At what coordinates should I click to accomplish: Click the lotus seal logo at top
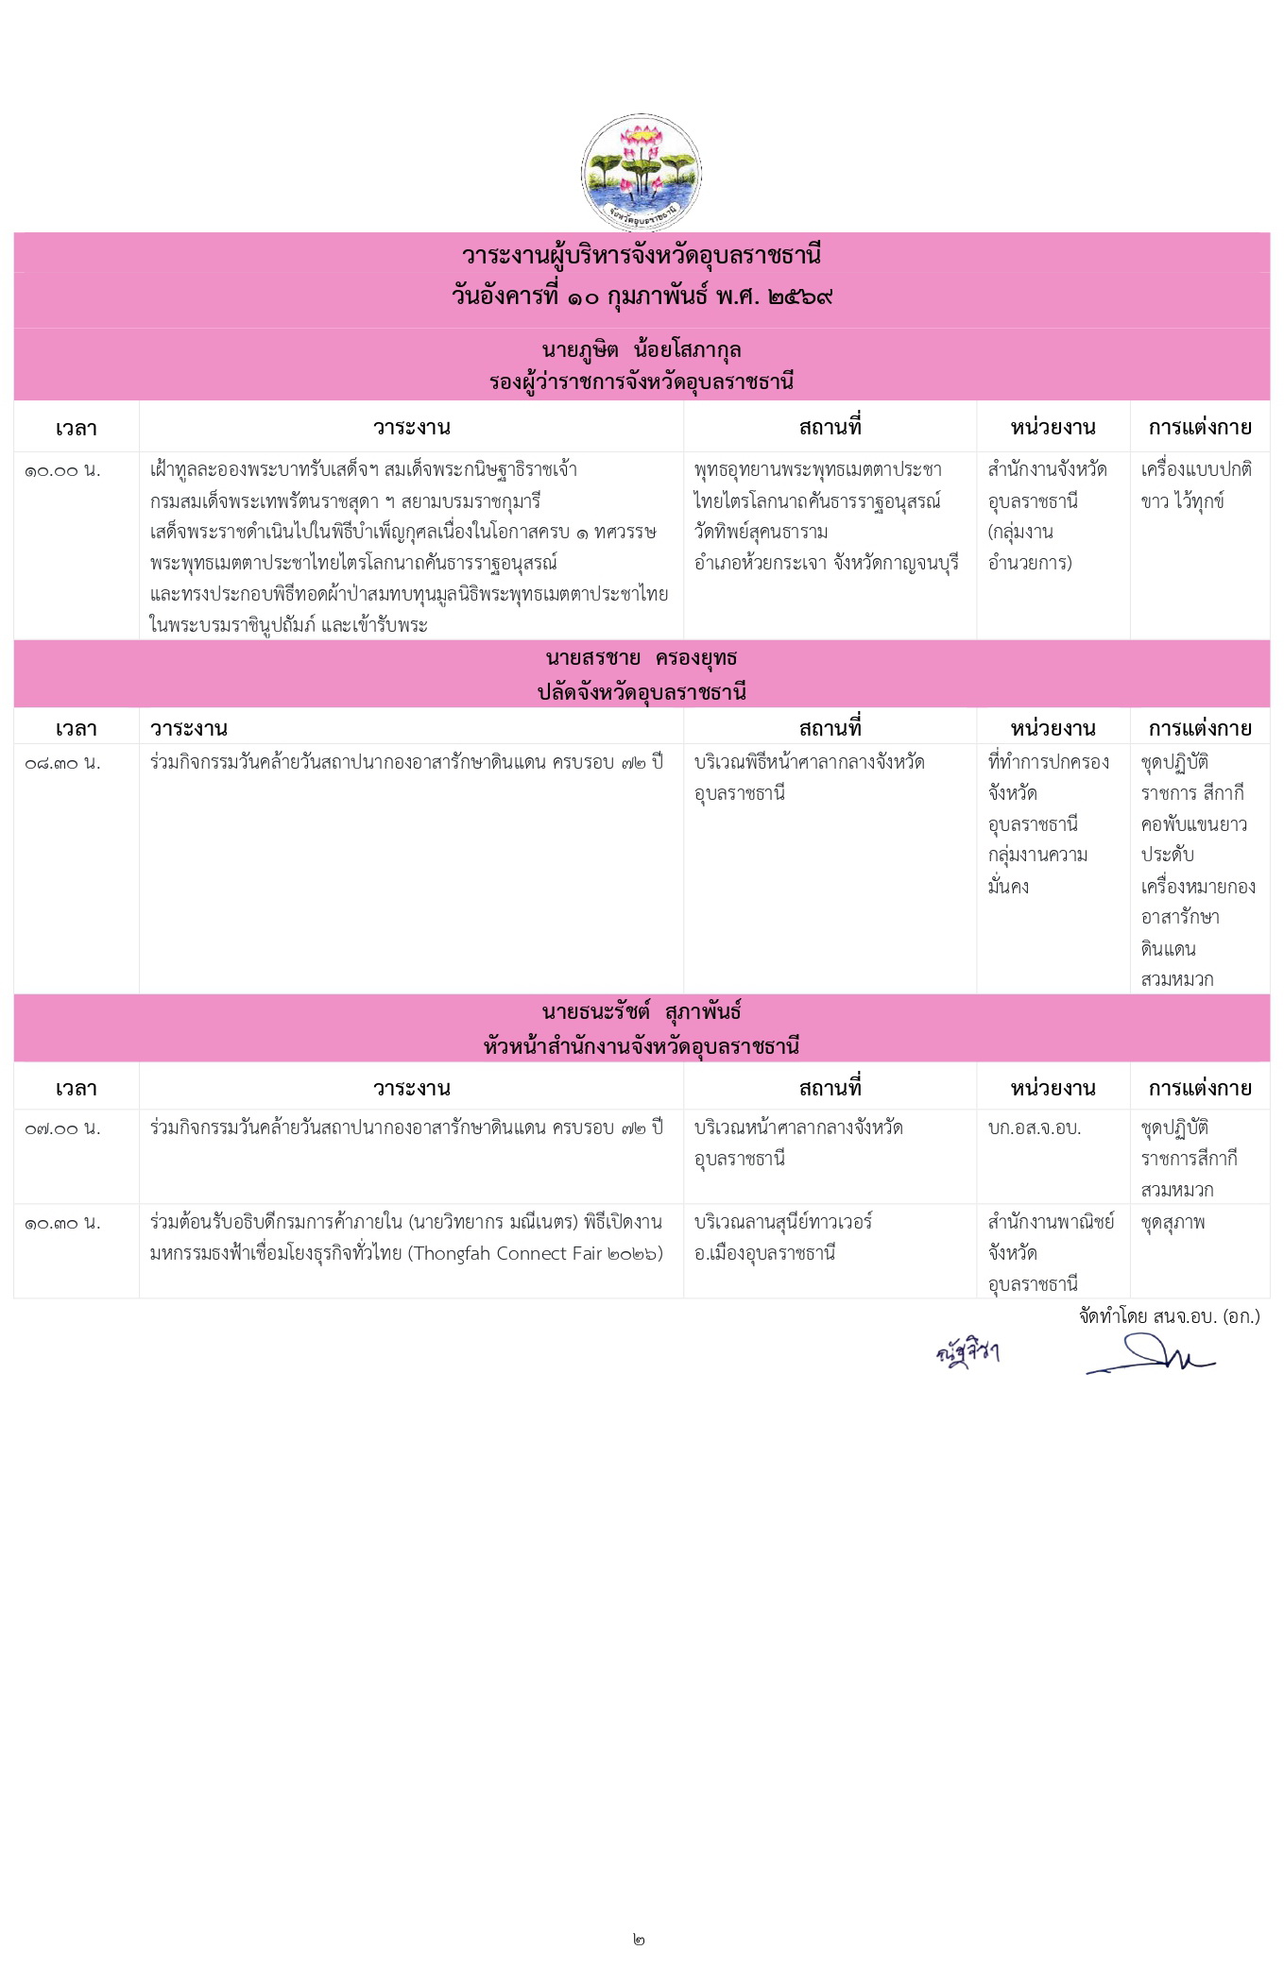(x=641, y=173)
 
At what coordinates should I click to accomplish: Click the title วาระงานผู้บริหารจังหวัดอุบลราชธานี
(x=641, y=255)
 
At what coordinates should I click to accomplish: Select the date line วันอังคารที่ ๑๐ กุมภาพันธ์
(x=641, y=297)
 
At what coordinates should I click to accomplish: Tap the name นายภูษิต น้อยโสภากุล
(x=641, y=350)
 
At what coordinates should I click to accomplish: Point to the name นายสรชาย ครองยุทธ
(x=641, y=658)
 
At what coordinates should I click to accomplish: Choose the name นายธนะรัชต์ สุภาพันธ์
(x=641, y=1012)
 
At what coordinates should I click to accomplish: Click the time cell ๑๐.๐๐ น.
(x=62, y=470)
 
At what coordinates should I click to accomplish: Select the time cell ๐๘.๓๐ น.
(x=62, y=762)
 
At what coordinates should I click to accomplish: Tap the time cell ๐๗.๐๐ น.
(x=62, y=1128)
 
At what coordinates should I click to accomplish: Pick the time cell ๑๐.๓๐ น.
(x=62, y=1222)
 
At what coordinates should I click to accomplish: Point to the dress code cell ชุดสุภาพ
(x=1173, y=1222)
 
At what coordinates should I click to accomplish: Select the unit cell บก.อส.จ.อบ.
(x=1034, y=1128)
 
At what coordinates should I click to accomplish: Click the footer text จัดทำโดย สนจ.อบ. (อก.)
(x=1169, y=1316)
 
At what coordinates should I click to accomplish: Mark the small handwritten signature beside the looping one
(x=967, y=1353)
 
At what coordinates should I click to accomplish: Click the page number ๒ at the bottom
(x=640, y=1940)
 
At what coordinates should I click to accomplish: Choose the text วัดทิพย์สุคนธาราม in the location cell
(x=761, y=532)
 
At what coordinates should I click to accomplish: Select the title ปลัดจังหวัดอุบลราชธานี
(x=641, y=692)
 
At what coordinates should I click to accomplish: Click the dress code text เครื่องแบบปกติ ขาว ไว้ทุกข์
(x=1195, y=485)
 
